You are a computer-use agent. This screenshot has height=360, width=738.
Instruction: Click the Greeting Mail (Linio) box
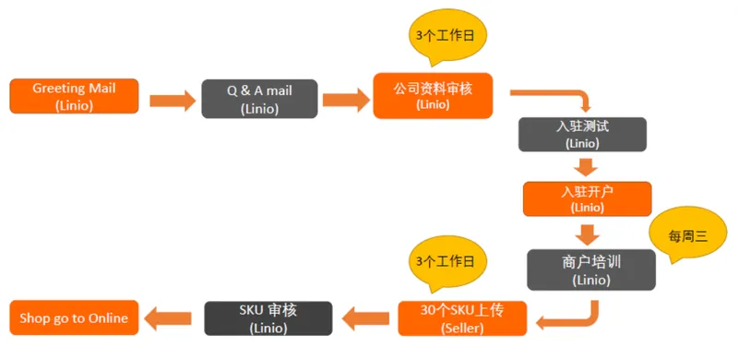(74, 96)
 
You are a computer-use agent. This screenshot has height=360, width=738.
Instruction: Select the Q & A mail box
(260, 99)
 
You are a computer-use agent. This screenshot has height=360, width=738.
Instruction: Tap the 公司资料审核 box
(433, 96)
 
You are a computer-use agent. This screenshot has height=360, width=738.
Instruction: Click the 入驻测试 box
(583, 134)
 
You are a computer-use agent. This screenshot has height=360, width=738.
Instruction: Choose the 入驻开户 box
(588, 198)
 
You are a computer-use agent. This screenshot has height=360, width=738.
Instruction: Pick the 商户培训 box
(591, 270)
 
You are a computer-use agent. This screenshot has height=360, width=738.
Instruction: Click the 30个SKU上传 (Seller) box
(462, 318)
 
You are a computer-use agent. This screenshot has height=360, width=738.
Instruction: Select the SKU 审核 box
(268, 318)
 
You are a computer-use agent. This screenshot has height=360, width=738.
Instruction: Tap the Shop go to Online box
(74, 318)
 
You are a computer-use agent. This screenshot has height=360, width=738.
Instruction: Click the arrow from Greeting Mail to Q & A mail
(173, 101)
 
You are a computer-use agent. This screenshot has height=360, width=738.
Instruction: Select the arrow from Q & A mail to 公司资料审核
(346, 101)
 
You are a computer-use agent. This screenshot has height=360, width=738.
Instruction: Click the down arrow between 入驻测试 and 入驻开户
(586, 167)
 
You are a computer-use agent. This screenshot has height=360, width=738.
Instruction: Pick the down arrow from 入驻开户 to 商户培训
(588, 234)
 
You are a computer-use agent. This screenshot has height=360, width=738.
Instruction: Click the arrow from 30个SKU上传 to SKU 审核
(365, 319)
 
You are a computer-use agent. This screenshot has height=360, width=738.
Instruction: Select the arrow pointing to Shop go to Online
(168, 319)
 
